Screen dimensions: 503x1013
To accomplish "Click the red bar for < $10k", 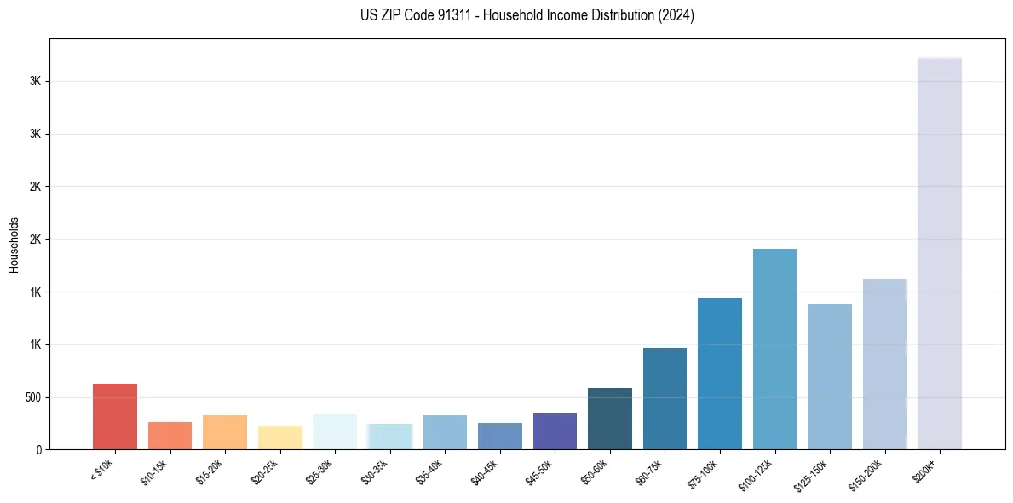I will click(x=115, y=417).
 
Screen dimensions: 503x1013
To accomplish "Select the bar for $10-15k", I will click(x=170, y=436).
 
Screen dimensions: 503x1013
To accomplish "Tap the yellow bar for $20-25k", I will click(x=279, y=437).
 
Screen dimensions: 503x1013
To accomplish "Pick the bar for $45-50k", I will click(x=555, y=431).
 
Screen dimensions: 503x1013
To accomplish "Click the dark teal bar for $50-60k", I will click(x=610, y=419).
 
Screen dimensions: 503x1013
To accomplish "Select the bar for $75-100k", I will click(x=720, y=374).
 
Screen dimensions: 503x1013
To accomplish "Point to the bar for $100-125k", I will click(x=774, y=350).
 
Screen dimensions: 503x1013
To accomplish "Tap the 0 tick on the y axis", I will click(x=39, y=450).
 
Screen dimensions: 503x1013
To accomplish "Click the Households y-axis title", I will click(x=14, y=245).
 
